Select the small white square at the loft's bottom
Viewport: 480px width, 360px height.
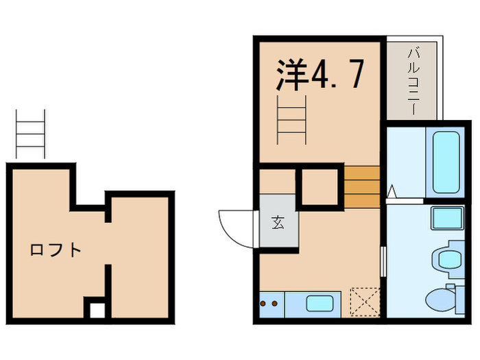click(97, 309)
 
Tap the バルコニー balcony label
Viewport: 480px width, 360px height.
click(413, 81)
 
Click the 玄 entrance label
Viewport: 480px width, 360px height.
click(278, 222)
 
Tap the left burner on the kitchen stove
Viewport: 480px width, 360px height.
click(265, 302)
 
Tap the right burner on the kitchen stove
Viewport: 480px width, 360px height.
click(275, 302)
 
